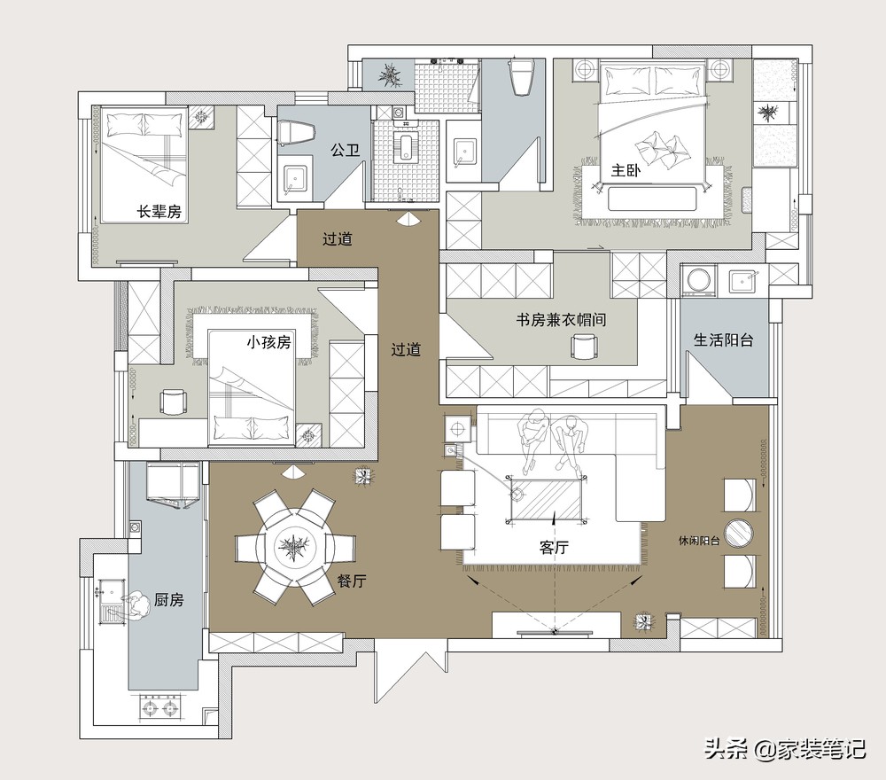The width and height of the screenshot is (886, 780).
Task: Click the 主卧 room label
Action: (x=626, y=170)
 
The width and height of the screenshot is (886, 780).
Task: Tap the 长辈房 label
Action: (x=159, y=212)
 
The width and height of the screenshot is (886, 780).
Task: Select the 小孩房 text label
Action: (x=268, y=342)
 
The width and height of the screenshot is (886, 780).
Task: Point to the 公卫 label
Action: (x=346, y=150)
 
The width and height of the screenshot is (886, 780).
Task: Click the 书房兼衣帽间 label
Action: (x=561, y=320)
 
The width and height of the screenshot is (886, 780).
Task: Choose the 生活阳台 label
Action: (x=723, y=339)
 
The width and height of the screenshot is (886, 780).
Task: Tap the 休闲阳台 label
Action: (x=699, y=541)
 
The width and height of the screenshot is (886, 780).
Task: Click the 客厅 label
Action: (x=554, y=547)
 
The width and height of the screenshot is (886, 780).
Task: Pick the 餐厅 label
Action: (x=352, y=581)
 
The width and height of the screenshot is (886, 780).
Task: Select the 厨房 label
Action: (x=168, y=600)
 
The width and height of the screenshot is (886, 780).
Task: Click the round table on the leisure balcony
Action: (x=739, y=534)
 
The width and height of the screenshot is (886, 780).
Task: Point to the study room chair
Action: (x=584, y=346)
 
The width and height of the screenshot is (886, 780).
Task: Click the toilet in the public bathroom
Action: (x=296, y=133)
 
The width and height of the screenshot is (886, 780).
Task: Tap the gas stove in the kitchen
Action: (x=159, y=708)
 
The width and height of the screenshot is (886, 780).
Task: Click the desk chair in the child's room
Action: (x=172, y=402)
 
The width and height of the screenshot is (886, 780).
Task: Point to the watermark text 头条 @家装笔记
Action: (x=785, y=750)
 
